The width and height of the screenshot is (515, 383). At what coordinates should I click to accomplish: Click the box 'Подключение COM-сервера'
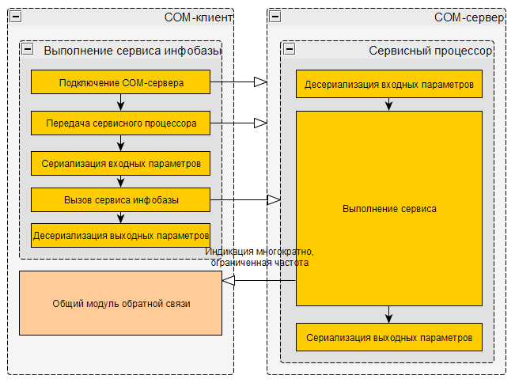point(121,82)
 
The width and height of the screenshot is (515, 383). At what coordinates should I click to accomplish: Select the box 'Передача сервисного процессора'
point(121,123)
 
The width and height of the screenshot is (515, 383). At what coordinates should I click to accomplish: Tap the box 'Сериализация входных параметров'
point(121,165)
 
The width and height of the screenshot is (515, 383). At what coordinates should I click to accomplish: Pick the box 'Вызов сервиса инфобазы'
point(121,199)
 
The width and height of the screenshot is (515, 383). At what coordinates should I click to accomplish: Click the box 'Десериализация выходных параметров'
point(121,235)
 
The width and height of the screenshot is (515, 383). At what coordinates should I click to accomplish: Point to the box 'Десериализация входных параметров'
point(389,83)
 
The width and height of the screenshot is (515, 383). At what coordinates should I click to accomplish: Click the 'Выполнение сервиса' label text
point(389,210)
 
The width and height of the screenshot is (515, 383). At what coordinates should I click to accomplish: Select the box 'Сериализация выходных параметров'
point(389,337)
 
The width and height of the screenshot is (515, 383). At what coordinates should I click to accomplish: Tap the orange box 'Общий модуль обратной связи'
point(121,303)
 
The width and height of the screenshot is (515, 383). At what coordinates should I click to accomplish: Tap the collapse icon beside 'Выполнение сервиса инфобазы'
point(28,49)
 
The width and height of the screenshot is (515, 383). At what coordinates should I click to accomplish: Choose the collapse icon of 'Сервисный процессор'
point(289,49)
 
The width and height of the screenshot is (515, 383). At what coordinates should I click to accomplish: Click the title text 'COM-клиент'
point(199,17)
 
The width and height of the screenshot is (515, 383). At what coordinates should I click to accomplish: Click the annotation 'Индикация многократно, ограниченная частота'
point(259,257)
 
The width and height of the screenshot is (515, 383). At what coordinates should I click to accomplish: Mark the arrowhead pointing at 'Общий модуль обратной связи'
point(229,281)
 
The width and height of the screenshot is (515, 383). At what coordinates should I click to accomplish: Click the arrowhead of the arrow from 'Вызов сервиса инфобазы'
point(274,200)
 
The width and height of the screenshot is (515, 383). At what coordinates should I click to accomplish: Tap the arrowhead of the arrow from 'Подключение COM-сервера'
point(260,82)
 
